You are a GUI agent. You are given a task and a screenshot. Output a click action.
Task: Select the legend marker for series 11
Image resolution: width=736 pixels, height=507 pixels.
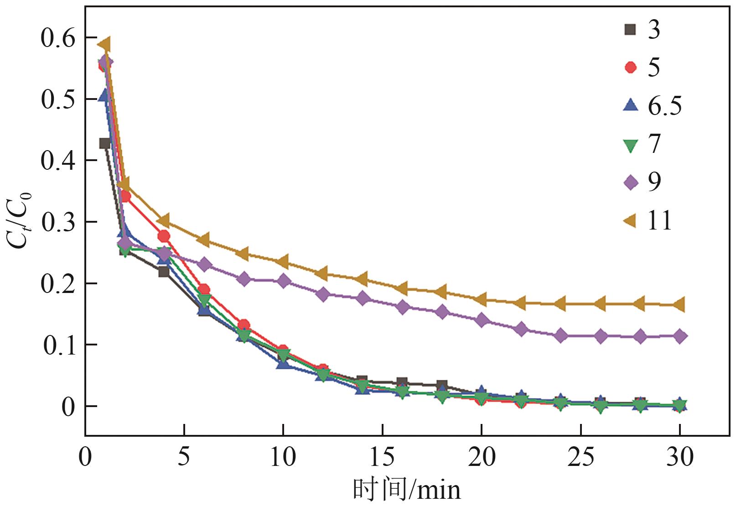(631, 221)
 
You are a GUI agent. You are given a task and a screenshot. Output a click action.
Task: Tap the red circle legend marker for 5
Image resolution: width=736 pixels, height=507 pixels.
(631, 68)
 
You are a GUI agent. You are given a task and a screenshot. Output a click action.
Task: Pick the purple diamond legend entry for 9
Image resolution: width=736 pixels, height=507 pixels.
(631, 183)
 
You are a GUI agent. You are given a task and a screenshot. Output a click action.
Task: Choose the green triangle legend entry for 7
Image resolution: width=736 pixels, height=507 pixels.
(631, 145)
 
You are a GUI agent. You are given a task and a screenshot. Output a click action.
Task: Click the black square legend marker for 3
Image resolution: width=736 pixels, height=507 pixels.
(631, 30)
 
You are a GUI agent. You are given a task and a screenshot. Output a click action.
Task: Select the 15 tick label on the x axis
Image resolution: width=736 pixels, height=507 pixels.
(382, 457)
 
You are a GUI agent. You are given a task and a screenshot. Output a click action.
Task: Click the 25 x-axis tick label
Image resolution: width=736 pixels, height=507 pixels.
(581, 457)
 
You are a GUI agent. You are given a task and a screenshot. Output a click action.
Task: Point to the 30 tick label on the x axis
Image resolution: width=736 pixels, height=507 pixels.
(679, 457)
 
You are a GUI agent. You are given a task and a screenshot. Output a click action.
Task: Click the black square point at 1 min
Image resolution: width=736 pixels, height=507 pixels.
(105, 143)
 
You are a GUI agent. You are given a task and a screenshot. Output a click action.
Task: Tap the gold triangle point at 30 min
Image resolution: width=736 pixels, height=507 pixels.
(679, 304)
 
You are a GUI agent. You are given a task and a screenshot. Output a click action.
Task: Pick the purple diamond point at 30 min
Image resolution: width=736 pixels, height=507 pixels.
(679, 336)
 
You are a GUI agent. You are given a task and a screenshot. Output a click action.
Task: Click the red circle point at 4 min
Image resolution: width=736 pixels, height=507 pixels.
(164, 236)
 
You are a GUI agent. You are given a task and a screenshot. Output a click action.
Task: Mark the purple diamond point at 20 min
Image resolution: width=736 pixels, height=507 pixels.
(482, 320)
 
